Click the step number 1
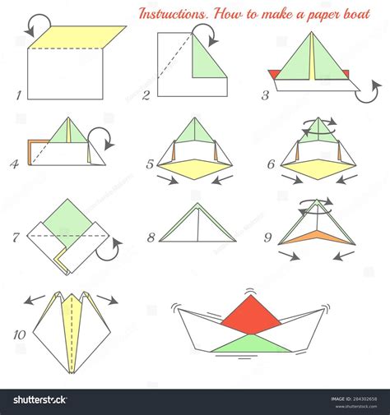(x=18, y=95)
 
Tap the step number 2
(x=146, y=95)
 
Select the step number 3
(x=265, y=95)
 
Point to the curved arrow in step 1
(x=36, y=25)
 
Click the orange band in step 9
(x=318, y=237)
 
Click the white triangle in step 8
(x=198, y=225)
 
